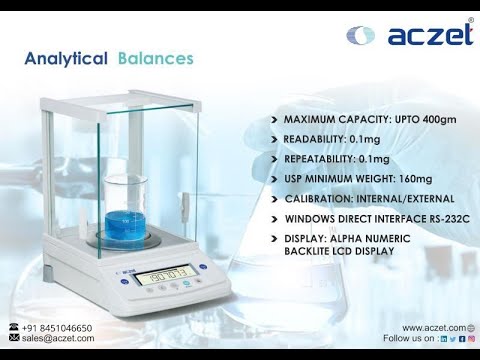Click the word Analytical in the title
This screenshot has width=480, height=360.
(66, 60)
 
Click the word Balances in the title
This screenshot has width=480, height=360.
(154, 60)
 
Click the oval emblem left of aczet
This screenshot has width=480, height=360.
(360, 36)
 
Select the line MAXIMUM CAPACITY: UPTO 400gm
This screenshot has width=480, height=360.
(369, 119)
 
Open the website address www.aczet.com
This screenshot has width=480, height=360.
(433, 328)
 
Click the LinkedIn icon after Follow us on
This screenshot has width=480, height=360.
(443, 339)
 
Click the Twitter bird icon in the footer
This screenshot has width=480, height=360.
(452, 339)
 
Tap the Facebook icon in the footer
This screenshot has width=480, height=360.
(461, 339)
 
